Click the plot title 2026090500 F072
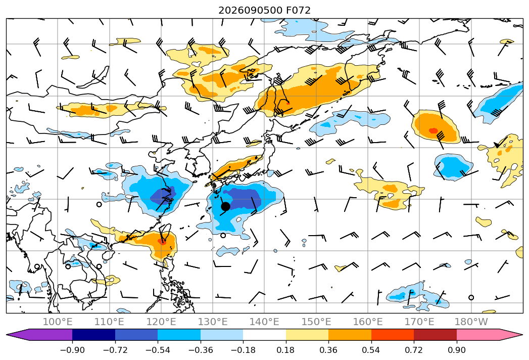coord(264,10)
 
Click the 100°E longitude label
coord(58,322)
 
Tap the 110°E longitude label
coord(109,322)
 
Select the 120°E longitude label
coord(161,322)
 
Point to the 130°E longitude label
coord(213,322)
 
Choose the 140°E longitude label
coord(264,322)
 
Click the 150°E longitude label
coord(316,322)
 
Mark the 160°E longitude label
coord(368,322)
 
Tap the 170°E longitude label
coord(419,322)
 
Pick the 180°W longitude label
coord(471,322)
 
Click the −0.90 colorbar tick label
coord(72,350)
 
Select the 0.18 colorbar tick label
coord(286,350)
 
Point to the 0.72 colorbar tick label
coord(414,350)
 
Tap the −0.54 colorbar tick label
coord(158,350)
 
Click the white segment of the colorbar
coord(265,334)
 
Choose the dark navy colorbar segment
coord(93,334)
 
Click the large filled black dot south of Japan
coord(225,206)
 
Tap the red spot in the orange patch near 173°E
coord(433,130)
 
